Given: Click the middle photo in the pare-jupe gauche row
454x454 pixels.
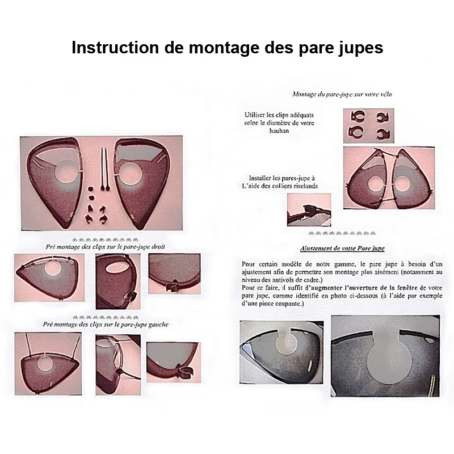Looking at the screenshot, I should (117, 358).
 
